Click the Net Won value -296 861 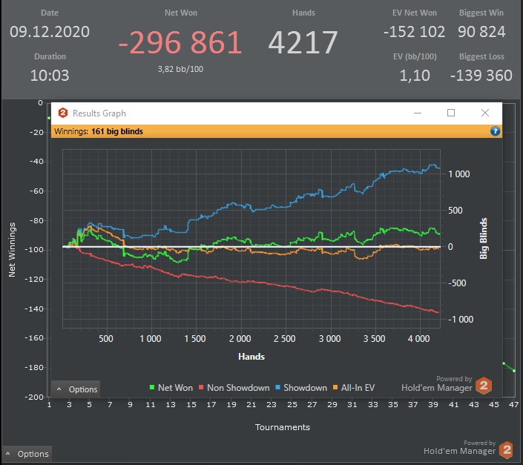click(180, 44)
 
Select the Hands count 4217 click(303, 43)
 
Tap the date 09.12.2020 click(50, 32)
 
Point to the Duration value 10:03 click(50, 75)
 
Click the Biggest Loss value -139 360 click(481, 75)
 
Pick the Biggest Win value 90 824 click(482, 32)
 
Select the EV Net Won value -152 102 click(415, 32)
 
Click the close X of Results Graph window click(484, 113)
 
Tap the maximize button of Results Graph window click(450, 113)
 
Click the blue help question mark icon click(496, 131)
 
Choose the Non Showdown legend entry click(234, 388)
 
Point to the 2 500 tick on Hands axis click(284, 339)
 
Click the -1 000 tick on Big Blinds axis click(459, 320)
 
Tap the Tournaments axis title click(283, 427)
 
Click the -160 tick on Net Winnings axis click(33, 338)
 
